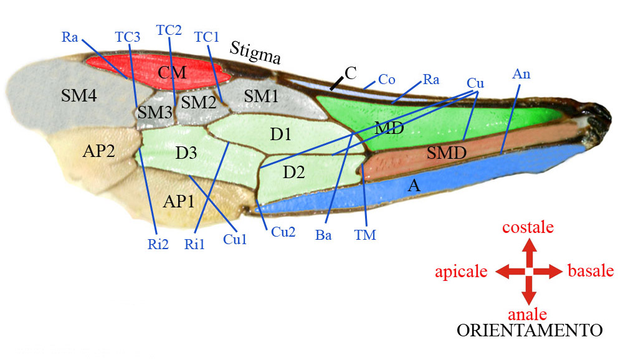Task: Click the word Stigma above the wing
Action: pos(255,54)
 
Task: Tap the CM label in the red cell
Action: pos(172,72)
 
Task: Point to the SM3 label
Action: pos(154,113)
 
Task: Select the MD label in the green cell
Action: pos(389,129)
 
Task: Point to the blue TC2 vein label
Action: pos(169,30)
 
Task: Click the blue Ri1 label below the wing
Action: pos(194,244)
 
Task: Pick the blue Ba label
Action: pos(323,235)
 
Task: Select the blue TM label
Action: pos(365,235)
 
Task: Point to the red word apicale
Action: pos(460,272)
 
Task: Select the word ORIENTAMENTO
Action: pos(529,329)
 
